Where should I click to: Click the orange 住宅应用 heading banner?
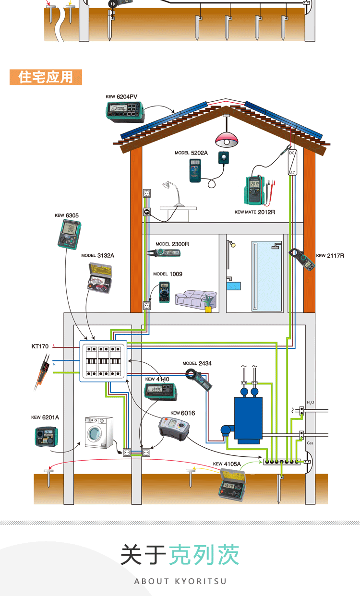[46, 77]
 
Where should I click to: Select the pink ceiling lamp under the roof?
[227, 139]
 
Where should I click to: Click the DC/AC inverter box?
[292, 162]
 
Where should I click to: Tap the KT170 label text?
[40, 346]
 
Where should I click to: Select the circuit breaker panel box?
[103, 361]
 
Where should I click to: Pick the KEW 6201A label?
[45, 417]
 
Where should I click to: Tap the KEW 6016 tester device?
[174, 427]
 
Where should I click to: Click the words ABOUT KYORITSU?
[180, 581]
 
